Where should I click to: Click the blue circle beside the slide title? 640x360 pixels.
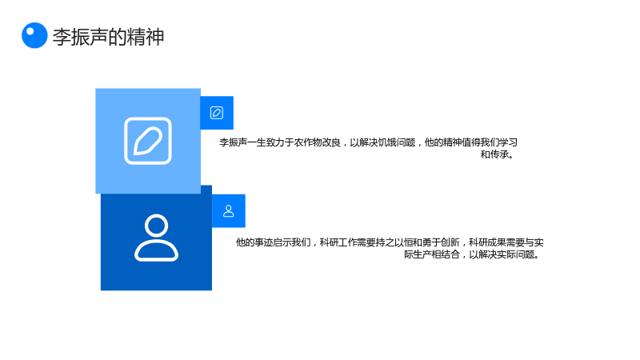(x=34, y=35)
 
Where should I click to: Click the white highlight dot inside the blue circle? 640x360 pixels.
(x=30, y=31)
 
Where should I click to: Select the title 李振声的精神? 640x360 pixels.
(x=109, y=37)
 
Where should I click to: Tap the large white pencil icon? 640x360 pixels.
(x=148, y=141)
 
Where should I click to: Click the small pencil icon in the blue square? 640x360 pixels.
(x=217, y=113)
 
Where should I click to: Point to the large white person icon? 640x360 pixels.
(x=156, y=238)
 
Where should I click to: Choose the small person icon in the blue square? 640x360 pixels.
(x=229, y=211)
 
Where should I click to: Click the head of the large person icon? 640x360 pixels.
(x=156, y=225)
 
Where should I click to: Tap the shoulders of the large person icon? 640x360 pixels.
(x=156, y=250)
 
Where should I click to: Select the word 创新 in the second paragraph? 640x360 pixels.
(x=450, y=242)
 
